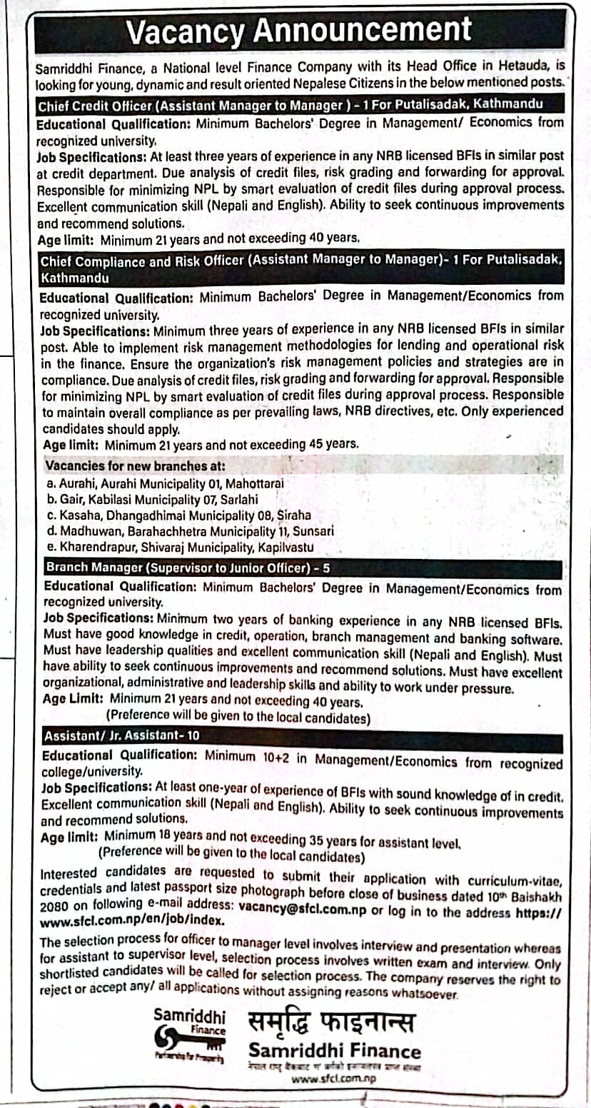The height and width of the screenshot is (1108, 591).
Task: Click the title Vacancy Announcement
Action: coord(299,31)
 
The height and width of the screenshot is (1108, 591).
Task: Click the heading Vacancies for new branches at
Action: coord(136,465)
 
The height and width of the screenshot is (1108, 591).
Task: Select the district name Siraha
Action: coord(294,515)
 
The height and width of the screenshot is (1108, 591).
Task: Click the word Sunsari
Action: coord(311,531)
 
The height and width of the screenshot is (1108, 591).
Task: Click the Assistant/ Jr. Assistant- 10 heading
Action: coord(122,735)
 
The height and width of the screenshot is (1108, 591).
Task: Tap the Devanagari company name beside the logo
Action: coord(331,1022)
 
